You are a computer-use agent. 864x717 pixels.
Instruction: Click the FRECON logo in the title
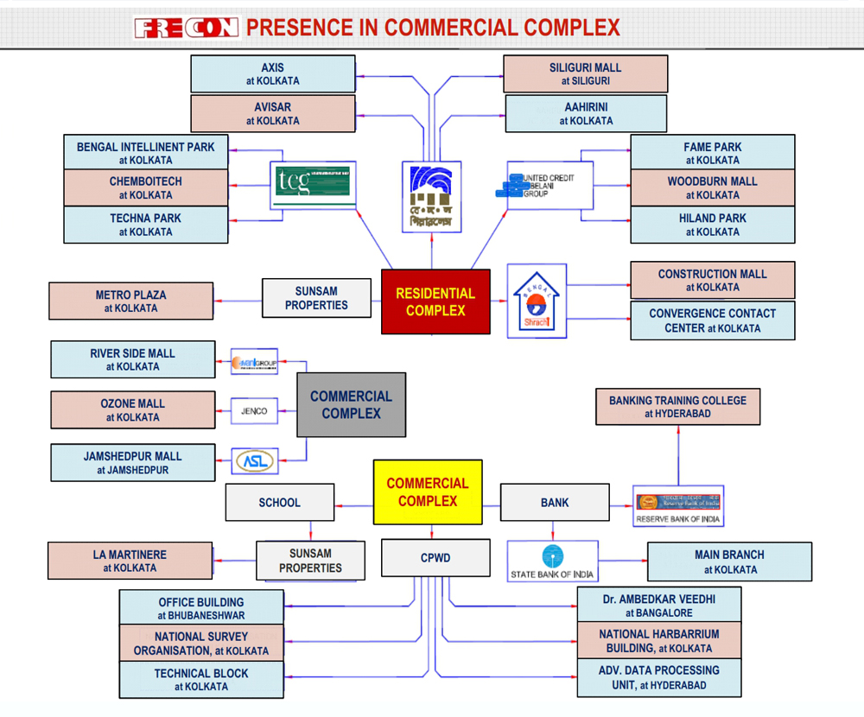[x=186, y=28]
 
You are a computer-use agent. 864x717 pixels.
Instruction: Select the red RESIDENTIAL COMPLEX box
[x=435, y=301]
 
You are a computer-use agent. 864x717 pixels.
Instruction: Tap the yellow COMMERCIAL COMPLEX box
[x=428, y=492]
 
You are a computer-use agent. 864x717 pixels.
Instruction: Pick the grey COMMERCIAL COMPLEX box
[x=351, y=404]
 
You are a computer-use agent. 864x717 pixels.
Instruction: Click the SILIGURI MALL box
[x=585, y=73]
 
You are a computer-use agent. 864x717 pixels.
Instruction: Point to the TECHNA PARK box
[x=146, y=225]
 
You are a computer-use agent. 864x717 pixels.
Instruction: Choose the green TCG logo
[x=312, y=184]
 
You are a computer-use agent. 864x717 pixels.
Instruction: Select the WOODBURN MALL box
[x=712, y=187]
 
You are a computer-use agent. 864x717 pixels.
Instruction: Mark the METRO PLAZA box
[x=130, y=301]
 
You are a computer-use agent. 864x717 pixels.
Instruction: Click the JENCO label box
[x=254, y=411]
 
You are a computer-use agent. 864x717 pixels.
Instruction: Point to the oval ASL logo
[x=255, y=461]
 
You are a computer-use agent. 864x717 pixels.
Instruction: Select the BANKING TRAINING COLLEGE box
[x=677, y=407]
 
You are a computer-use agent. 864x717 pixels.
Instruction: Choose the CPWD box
[x=435, y=558]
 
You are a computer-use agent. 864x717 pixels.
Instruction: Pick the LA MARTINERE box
[x=130, y=561]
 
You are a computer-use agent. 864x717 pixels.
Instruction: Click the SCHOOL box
[x=279, y=502]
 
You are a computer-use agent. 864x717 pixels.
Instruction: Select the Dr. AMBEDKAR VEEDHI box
[x=658, y=605]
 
